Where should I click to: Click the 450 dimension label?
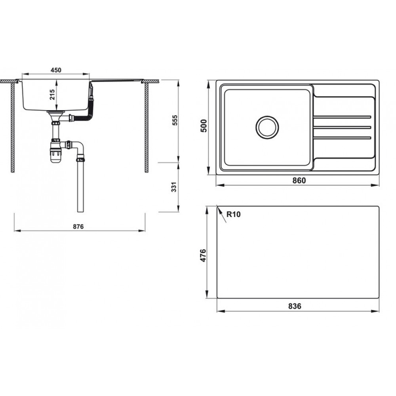pyautogui.click(x=56, y=70)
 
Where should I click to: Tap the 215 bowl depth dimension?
pyautogui.click(x=52, y=95)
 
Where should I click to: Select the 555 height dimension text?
pyautogui.click(x=175, y=120)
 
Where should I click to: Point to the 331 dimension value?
pyautogui.click(x=174, y=187)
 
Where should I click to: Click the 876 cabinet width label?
pyautogui.click(x=78, y=227)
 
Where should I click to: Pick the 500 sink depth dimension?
pyautogui.click(x=204, y=126)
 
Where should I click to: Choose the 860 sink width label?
pyautogui.click(x=299, y=181)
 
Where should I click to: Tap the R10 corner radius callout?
pyautogui.click(x=234, y=214)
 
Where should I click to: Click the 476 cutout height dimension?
pyautogui.click(x=203, y=255)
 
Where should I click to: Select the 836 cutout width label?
pyautogui.click(x=295, y=306)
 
